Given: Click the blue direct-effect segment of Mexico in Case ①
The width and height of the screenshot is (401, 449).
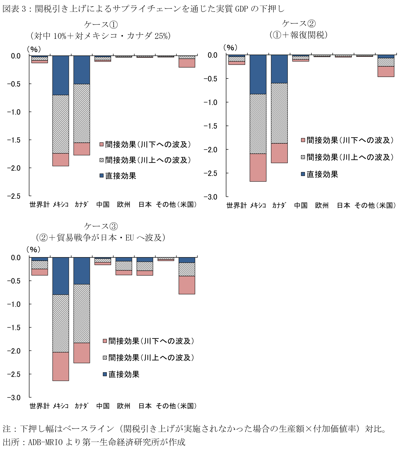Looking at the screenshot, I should click(x=61, y=75).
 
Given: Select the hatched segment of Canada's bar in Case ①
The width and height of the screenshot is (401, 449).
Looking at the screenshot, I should click(x=82, y=113).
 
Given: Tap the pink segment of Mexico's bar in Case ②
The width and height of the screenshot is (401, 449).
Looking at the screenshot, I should click(x=258, y=167).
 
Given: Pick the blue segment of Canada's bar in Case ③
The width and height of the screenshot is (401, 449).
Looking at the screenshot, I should click(x=82, y=271).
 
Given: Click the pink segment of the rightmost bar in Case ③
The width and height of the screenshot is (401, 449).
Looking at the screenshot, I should click(x=187, y=285).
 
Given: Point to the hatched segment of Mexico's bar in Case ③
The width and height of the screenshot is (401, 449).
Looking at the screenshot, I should click(x=61, y=323).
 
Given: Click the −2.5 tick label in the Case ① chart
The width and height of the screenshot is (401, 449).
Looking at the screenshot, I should click(x=14, y=196).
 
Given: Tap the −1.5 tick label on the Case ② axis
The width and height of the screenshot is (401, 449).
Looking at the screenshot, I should click(x=211, y=126).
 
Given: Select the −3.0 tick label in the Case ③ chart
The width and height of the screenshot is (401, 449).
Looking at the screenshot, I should click(x=14, y=397).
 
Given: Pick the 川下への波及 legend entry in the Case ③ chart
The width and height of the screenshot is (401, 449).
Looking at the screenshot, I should click(x=151, y=341).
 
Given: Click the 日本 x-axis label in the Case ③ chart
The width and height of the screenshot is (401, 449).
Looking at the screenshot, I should click(x=145, y=406).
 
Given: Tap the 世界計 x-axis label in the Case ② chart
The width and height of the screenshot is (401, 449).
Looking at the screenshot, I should click(x=236, y=205).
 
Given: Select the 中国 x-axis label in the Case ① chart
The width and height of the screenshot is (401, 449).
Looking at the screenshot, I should click(x=103, y=204).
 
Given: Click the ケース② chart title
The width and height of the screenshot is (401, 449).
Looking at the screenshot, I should click(x=299, y=23).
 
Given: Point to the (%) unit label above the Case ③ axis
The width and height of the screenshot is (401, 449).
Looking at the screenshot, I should click(x=33, y=249).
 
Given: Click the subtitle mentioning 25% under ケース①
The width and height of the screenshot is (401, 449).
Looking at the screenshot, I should click(x=101, y=36).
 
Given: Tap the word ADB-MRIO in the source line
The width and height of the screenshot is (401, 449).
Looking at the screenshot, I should click(x=45, y=442).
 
